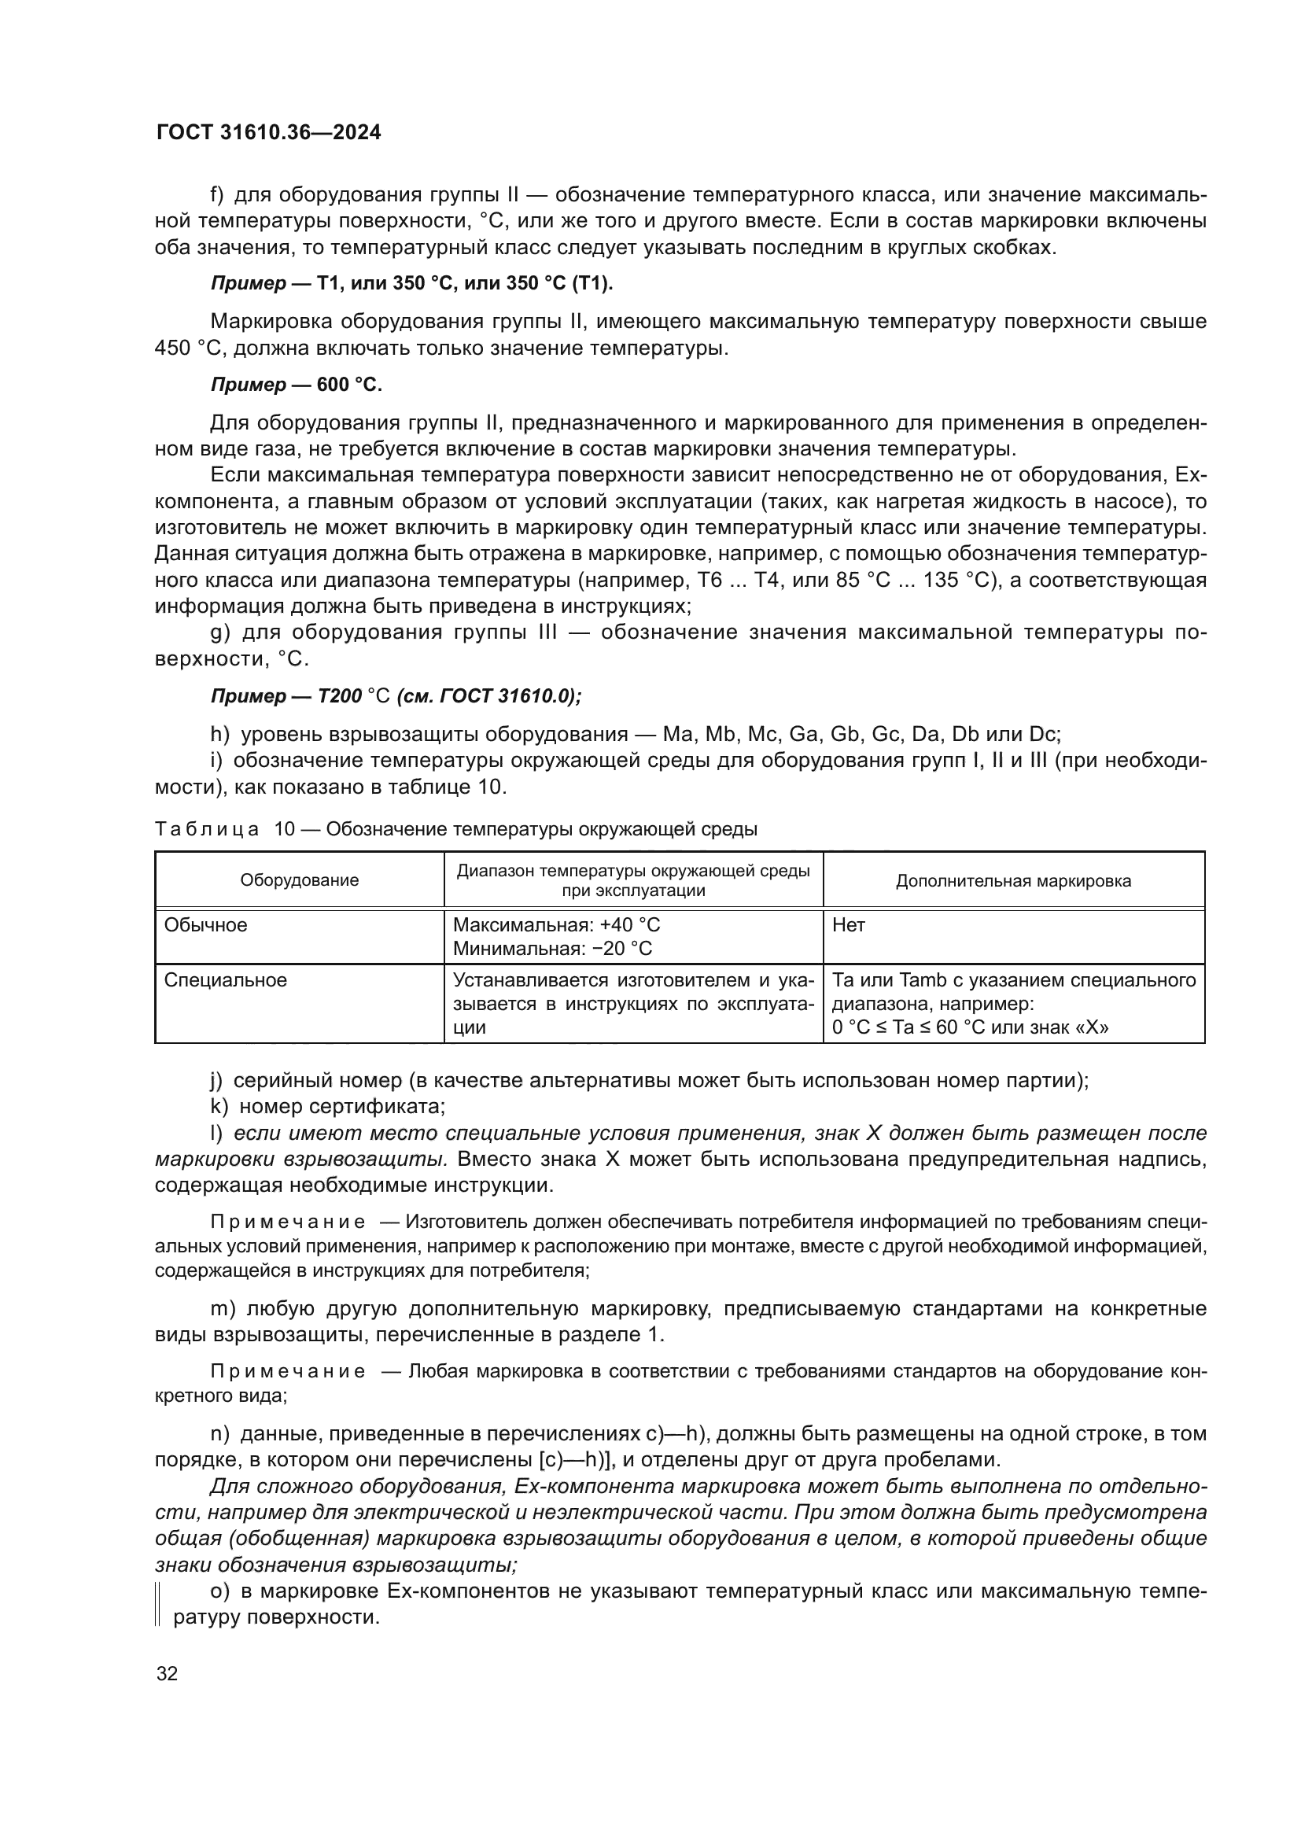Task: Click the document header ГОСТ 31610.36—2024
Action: [268, 133]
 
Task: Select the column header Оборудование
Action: [300, 881]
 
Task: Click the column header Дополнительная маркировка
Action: [1012, 881]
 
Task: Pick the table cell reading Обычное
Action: [206, 925]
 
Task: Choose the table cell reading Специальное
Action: [225, 980]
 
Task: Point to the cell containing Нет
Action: [849, 925]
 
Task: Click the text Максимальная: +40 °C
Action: [557, 925]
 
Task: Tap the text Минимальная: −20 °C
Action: [553, 949]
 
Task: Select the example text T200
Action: [340, 695]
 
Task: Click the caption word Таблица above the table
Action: [207, 829]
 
